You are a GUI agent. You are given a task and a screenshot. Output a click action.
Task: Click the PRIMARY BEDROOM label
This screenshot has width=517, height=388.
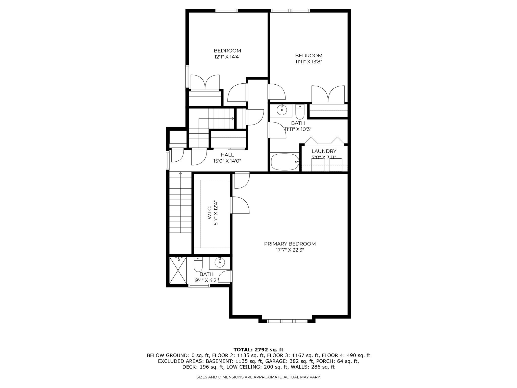(290, 244)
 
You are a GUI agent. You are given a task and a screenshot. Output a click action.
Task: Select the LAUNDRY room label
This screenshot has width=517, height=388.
(324, 151)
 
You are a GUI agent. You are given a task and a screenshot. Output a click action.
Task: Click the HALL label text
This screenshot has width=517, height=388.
(227, 155)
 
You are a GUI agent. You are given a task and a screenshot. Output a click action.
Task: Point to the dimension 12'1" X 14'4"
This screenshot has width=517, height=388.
(227, 57)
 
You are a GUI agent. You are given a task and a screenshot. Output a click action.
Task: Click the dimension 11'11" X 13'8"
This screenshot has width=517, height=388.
(309, 62)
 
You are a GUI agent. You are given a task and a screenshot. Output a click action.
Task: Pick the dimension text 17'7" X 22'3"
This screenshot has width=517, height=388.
(290, 250)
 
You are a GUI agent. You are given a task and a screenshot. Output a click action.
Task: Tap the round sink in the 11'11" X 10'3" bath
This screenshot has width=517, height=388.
(281, 110)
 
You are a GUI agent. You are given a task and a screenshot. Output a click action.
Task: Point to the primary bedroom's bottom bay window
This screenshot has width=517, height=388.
(287, 321)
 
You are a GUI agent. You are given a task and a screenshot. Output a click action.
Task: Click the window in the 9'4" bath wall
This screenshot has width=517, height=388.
(199, 286)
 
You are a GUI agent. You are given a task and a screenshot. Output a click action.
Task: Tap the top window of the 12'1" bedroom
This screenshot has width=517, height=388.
(226, 11)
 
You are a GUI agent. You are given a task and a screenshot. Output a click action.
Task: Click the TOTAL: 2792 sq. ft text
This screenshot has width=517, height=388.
(258, 350)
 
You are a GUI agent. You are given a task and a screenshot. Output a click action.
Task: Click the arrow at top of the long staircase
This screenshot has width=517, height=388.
(180, 173)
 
